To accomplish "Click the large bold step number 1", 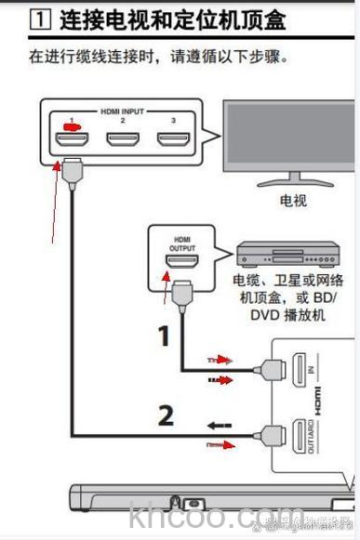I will click(x=164, y=336).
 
